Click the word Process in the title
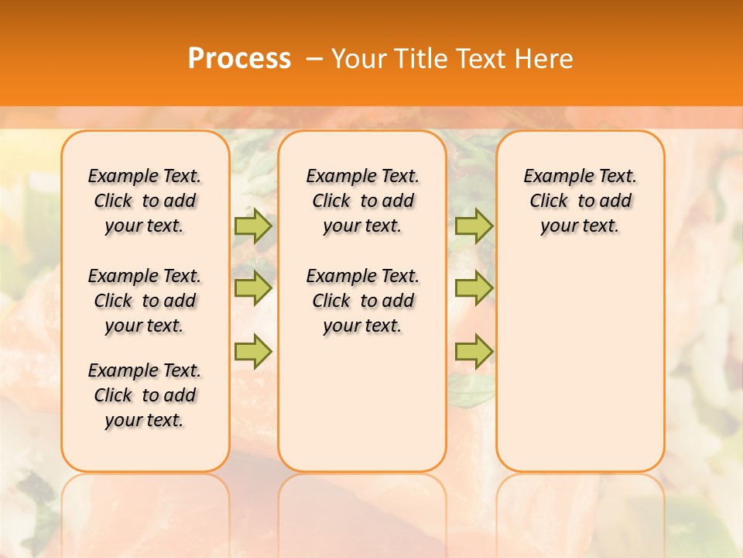(x=239, y=59)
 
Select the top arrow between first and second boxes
(x=253, y=226)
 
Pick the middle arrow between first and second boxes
(x=253, y=288)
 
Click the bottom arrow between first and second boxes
(x=253, y=352)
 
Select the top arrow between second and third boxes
(x=474, y=226)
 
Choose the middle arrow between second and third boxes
(x=474, y=288)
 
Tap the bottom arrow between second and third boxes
(x=474, y=352)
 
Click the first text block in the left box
(x=145, y=201)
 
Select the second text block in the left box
(x=145, y=301)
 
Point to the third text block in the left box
(x=145, y=395)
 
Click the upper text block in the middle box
(x=363, y=201)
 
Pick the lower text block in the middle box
(x=363, y=301)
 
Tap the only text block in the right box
(x=580, y=201)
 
